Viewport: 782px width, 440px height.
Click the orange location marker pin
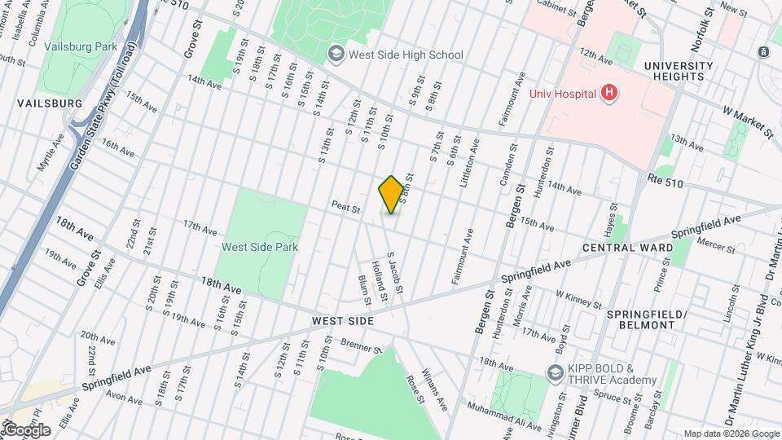point(391,195)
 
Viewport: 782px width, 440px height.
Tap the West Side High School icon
point(335,55)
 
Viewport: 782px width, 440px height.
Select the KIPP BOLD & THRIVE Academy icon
point(556,373)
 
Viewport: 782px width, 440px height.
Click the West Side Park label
point(260,247)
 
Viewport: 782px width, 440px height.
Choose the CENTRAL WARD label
point(628,247)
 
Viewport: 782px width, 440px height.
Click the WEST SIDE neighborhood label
point(343,322)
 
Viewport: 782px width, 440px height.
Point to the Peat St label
point(346,209)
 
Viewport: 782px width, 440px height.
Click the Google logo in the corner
point(27,429)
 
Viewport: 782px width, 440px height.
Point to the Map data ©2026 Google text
point(731,433)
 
